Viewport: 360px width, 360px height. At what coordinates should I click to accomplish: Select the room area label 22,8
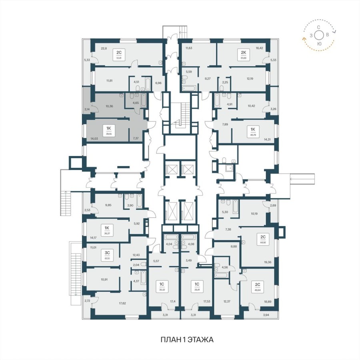click(104, 48)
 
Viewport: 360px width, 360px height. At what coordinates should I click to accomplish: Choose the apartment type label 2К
click(243, 52)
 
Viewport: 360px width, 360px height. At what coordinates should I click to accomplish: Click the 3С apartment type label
click(107, 253)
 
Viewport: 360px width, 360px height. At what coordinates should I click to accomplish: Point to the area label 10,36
click(109, 107)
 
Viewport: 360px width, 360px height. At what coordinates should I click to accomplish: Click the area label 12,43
click(137, 255)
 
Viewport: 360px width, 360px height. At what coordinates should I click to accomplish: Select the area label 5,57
click(156, 261)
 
